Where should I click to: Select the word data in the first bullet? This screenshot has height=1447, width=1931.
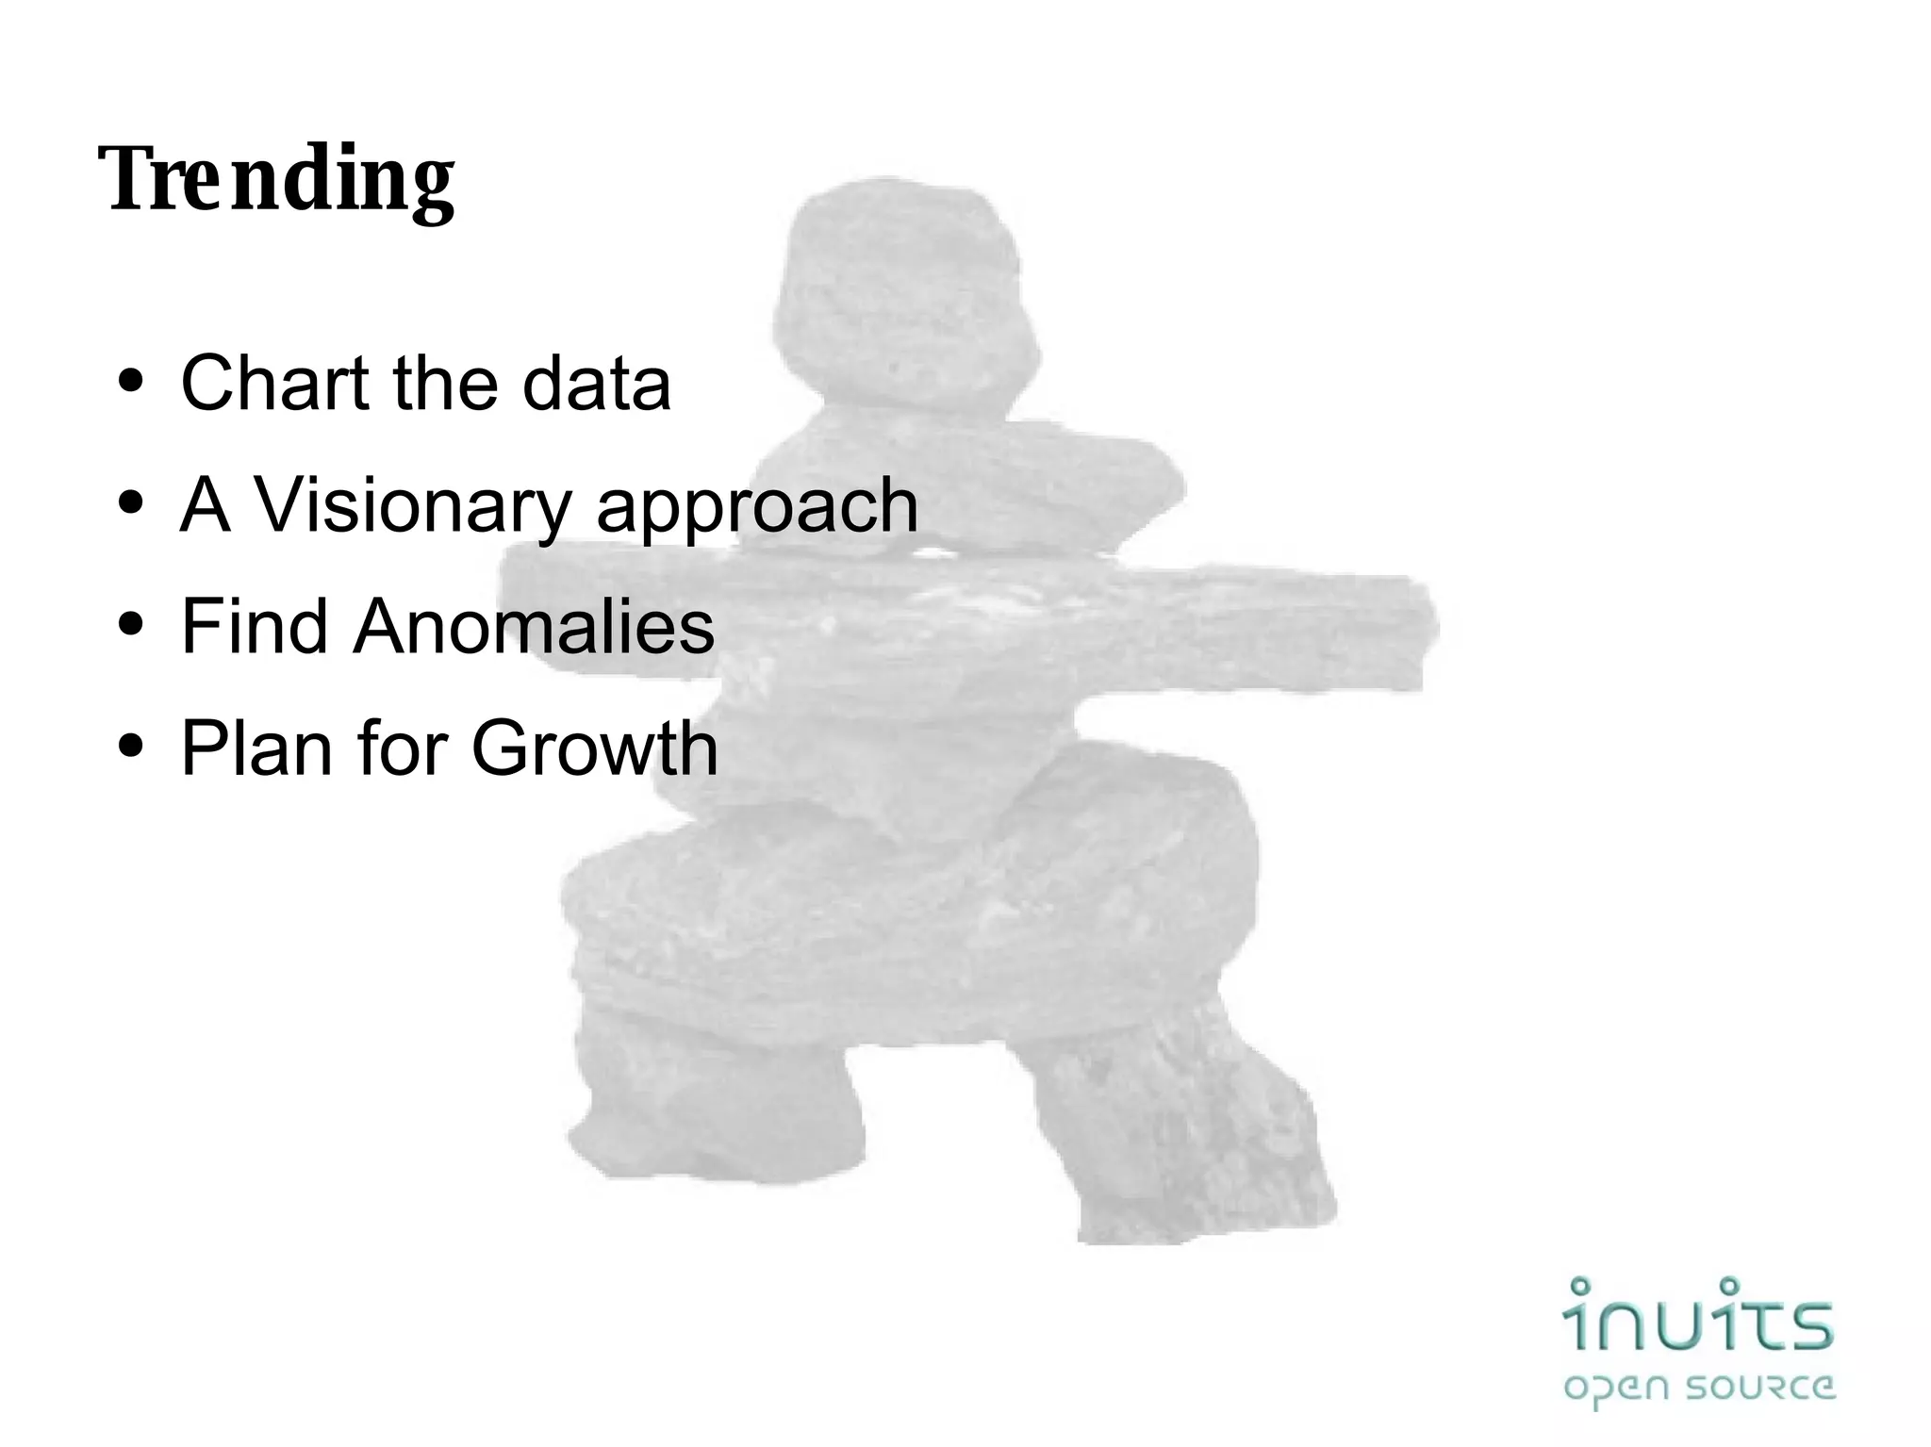point(596,383)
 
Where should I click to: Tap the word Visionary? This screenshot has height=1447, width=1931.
point(413,506)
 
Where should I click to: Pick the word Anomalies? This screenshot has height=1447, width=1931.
point(534,626)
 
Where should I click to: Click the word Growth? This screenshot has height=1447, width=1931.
point(594,748)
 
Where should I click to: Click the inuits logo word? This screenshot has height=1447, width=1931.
point(1698,1316)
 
